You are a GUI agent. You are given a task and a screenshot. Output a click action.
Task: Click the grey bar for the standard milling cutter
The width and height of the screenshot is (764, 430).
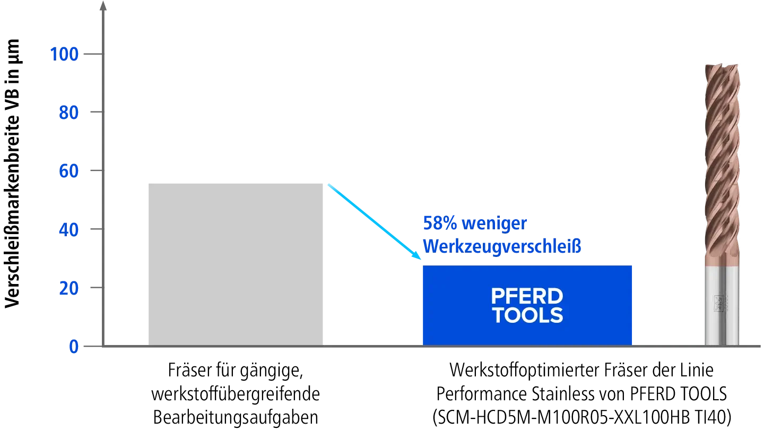(x=236, y=264)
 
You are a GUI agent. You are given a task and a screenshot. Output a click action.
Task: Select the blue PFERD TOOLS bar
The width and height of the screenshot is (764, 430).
(x=527, y=305)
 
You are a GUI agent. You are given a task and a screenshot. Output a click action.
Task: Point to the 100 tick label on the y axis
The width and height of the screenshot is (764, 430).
(x=65, y=54)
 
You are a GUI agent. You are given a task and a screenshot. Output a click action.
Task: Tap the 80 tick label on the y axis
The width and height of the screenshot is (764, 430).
(x=69, y=113)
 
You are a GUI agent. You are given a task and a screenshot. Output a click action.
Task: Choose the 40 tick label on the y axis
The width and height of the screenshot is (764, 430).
(x=69, y=230)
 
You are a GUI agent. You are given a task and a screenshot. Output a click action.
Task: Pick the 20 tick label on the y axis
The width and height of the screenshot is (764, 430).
(x=69, y=288)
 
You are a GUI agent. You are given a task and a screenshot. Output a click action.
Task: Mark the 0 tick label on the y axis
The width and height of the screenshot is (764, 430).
(x=74, y=347)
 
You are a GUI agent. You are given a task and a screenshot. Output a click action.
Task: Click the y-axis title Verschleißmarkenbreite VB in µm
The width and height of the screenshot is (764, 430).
(x=13, y=174)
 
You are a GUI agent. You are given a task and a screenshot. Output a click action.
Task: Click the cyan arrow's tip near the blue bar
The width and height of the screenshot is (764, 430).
(x=421, y=259)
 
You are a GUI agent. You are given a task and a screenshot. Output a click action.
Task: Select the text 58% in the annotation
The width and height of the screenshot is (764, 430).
(x=440, y=223)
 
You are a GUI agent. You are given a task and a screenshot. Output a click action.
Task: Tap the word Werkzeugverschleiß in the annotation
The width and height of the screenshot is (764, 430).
(x=502, y=246)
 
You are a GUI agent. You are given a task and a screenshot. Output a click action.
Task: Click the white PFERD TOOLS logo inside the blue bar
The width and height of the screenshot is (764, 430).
(x=527, y=305)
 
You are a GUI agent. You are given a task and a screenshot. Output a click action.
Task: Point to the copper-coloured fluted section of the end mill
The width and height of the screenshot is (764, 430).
(x=722, y=165)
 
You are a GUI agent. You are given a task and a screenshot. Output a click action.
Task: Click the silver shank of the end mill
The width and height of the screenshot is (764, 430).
(x=722, y=306)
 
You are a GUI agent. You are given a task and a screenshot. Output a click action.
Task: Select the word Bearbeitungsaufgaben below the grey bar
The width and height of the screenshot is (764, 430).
(x=236, y=417)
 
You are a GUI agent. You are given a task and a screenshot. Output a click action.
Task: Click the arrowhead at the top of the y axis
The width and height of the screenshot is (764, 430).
(x=103, y=5)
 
